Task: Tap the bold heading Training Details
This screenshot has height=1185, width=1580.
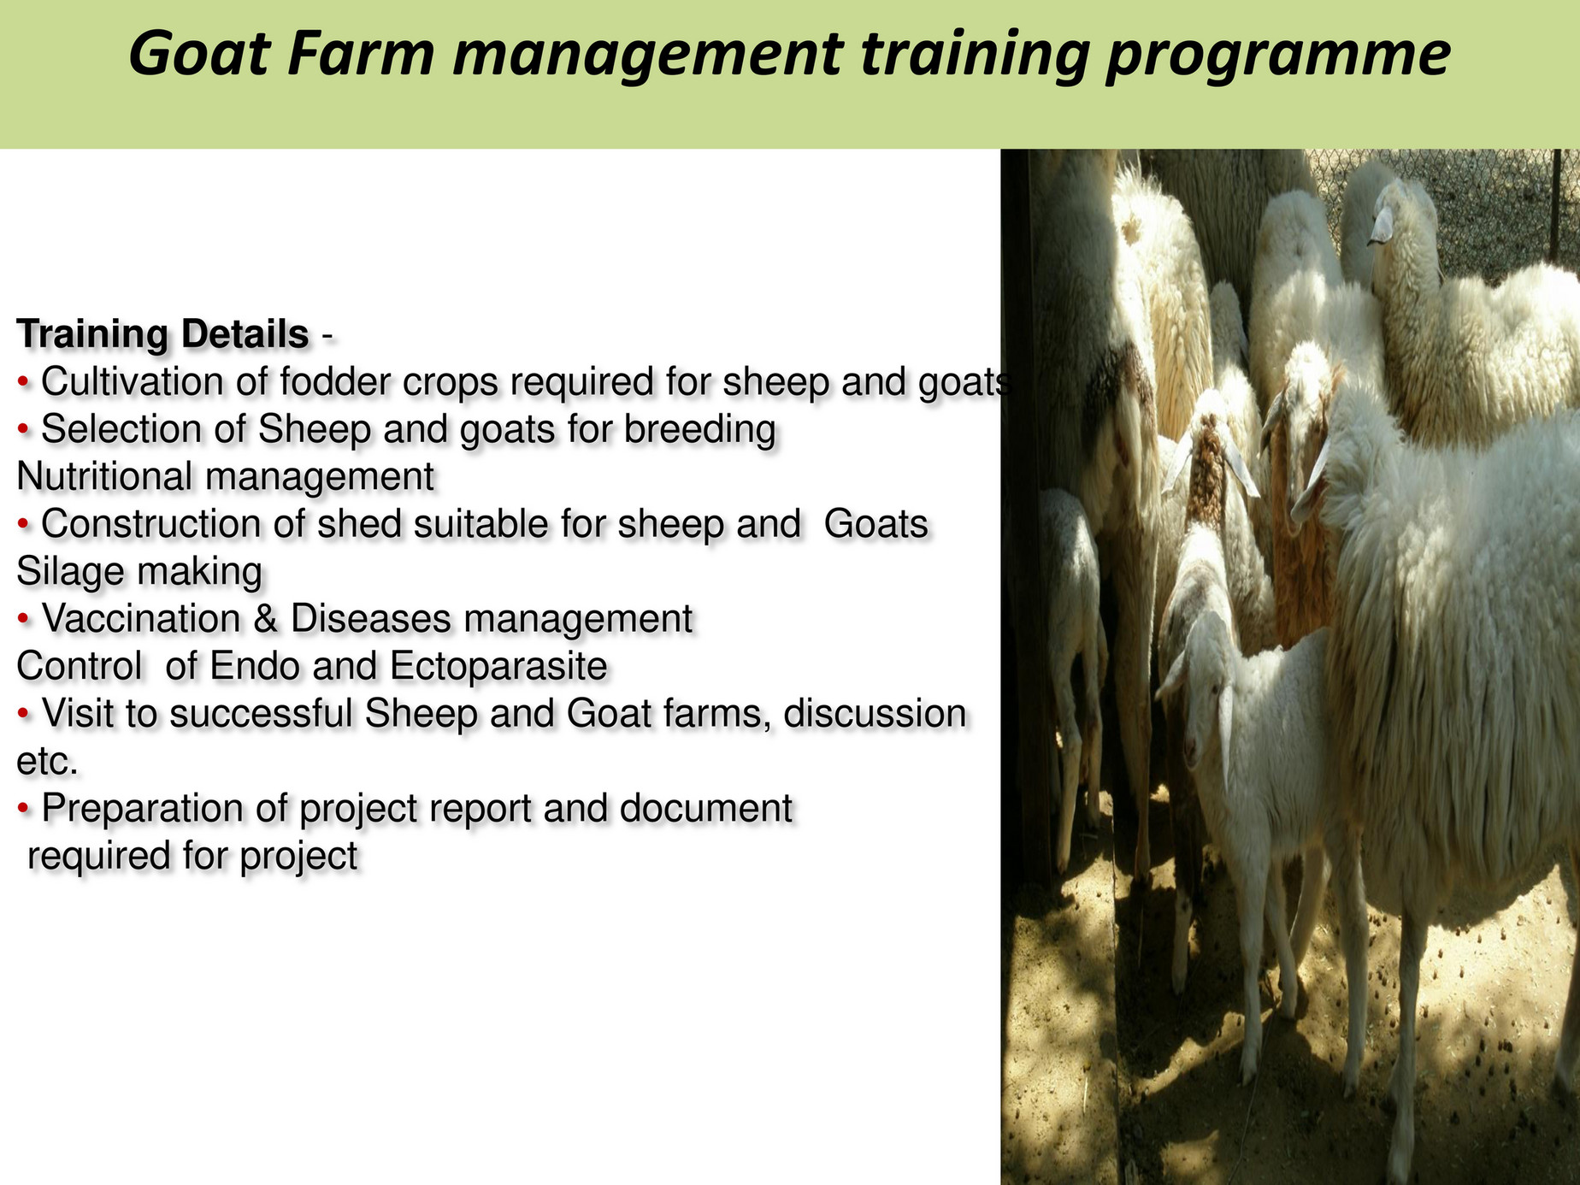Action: coord(162,334)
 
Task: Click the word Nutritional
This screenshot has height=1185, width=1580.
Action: coord(103,476)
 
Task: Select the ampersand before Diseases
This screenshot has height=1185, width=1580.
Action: coord(265,619)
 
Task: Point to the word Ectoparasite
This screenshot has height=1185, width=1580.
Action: coord(498,666)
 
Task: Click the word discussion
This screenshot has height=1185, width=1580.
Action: coord(875,714)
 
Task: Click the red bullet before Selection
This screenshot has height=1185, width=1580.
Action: coord(24,430)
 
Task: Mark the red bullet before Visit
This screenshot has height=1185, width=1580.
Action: coord(24,714)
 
